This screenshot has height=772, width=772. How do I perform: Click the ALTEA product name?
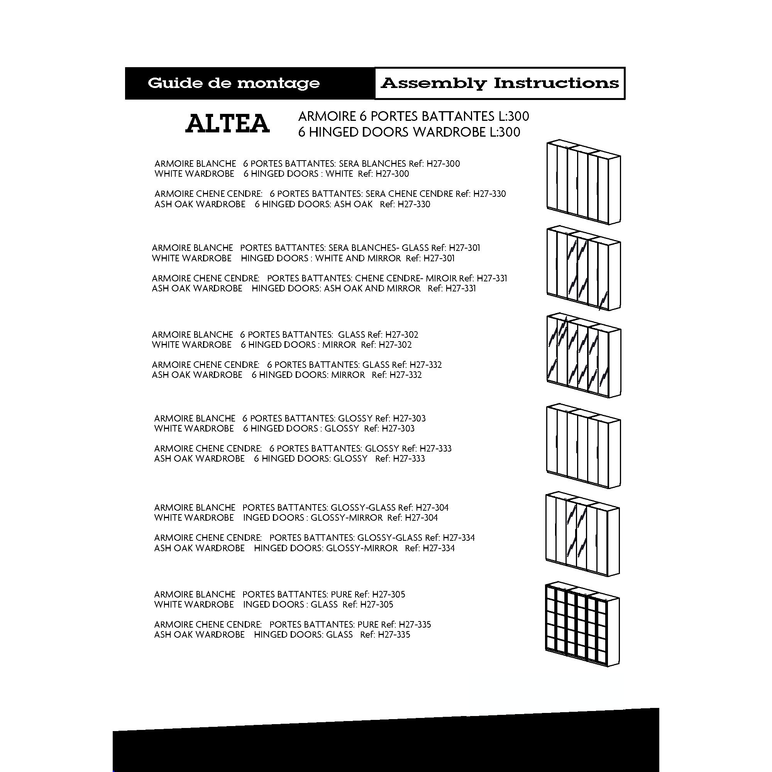coord(227,124)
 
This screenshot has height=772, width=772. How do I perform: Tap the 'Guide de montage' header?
coord(234,83)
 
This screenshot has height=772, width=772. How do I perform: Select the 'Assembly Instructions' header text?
coord(499,83)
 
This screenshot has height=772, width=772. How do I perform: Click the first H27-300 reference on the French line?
coord(443,164)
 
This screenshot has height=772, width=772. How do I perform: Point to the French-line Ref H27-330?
coord(489,194)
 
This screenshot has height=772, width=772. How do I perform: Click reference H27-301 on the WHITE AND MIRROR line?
coord(439,259)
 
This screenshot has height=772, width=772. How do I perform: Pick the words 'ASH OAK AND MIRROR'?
coord(372,288)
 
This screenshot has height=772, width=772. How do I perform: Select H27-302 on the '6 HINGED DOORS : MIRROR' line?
coord(395,345)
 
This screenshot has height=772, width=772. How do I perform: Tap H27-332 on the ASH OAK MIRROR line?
coord(406,375)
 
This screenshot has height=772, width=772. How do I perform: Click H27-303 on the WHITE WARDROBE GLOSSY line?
coord(398,429)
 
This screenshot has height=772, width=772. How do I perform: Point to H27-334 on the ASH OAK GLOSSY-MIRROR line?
coord(438,548)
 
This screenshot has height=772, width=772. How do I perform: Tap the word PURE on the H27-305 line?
coord(341,594)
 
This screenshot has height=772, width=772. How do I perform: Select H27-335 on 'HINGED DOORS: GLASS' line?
coord(394,635)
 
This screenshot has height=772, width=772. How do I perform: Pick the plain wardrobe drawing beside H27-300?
coord(583,182)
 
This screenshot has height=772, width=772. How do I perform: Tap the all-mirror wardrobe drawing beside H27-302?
coord(583,355)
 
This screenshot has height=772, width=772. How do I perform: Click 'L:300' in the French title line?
coord(514,117)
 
